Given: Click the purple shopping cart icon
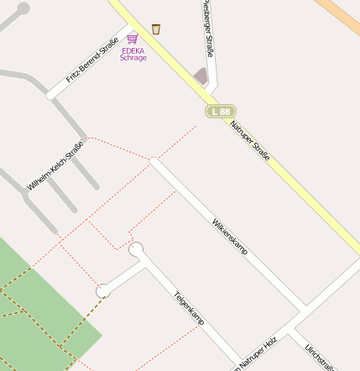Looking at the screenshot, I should (133, 38).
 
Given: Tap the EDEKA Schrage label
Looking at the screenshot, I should (133, 54).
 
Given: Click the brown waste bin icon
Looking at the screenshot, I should (156, 29).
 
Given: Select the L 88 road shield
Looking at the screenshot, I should (221, 111).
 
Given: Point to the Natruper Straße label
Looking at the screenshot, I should (250, 140).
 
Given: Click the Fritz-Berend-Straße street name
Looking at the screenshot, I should (92, 60).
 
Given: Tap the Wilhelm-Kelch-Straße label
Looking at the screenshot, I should (55, 165).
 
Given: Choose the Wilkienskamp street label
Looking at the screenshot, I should (230, 236).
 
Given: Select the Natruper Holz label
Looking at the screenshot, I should (256, 354).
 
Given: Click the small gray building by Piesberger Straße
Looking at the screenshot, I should (201, 76).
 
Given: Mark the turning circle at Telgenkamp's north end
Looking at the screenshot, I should (136, 249).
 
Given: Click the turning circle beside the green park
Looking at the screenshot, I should (103, 290).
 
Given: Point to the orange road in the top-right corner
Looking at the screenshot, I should (340, 13).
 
